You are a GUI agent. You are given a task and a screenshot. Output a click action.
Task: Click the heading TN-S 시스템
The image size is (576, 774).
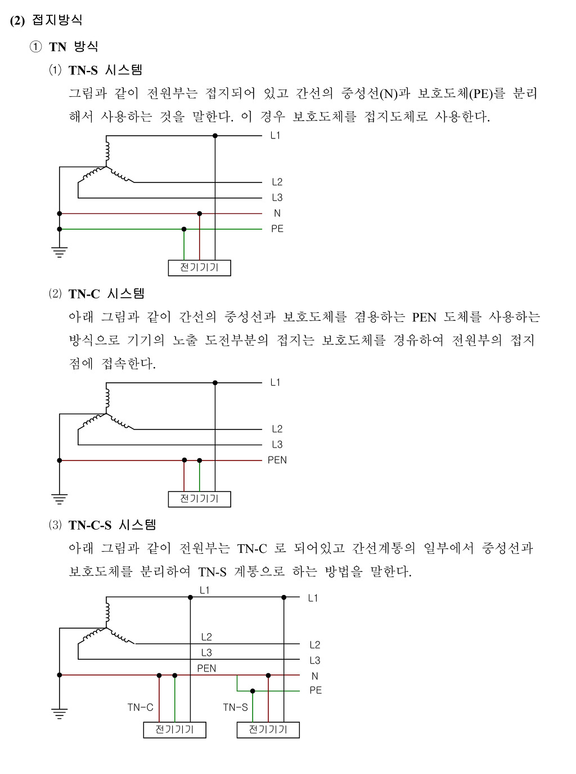click(x=105, y=70)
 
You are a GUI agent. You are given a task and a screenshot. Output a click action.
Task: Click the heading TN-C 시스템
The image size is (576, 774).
click(x=106, y=293)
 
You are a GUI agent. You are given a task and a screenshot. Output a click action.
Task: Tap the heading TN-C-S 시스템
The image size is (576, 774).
click(x=112, y=525)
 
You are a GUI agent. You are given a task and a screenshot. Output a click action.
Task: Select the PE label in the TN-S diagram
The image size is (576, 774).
click(x=277, y=229)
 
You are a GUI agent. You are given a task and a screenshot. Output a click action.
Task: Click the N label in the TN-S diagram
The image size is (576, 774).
click(x=277, y=213)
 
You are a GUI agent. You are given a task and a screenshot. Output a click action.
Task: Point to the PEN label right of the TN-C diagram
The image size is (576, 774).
click(x=277, y=460)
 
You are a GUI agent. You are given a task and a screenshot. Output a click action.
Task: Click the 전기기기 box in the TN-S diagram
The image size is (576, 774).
click(x=199, y=267)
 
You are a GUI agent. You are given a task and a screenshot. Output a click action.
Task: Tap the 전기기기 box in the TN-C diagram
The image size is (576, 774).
click(x=199, y=499)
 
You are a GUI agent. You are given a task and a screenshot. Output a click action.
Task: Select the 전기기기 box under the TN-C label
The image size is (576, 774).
click(x=174, y=730)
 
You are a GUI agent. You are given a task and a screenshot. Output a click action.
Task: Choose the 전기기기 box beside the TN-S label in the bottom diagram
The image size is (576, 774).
click(x=268, y=730)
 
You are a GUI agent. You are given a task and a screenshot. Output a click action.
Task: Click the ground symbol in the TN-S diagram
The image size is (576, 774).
click(x=59, y=252)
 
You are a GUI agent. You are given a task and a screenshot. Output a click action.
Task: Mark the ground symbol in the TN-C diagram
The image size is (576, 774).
click(x=59, y=498)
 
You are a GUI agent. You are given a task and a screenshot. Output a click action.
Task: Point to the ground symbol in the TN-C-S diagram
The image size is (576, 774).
click(x=59, y=714)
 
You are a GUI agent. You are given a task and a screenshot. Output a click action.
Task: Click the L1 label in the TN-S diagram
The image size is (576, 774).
click(x=275, y=136)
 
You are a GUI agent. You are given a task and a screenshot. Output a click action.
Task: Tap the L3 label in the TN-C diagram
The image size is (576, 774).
click(x=277, y=445)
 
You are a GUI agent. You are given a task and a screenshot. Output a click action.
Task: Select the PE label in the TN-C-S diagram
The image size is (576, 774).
click(x=316, y=691)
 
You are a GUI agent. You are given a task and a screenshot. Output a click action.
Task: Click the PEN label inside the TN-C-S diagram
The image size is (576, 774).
click(x=206, y=669)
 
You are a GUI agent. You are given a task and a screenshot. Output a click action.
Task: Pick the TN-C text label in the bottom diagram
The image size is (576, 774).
click(x=140, y=708)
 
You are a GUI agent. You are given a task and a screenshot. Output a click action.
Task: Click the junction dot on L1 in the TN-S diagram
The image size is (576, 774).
click(x=215, y=136)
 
